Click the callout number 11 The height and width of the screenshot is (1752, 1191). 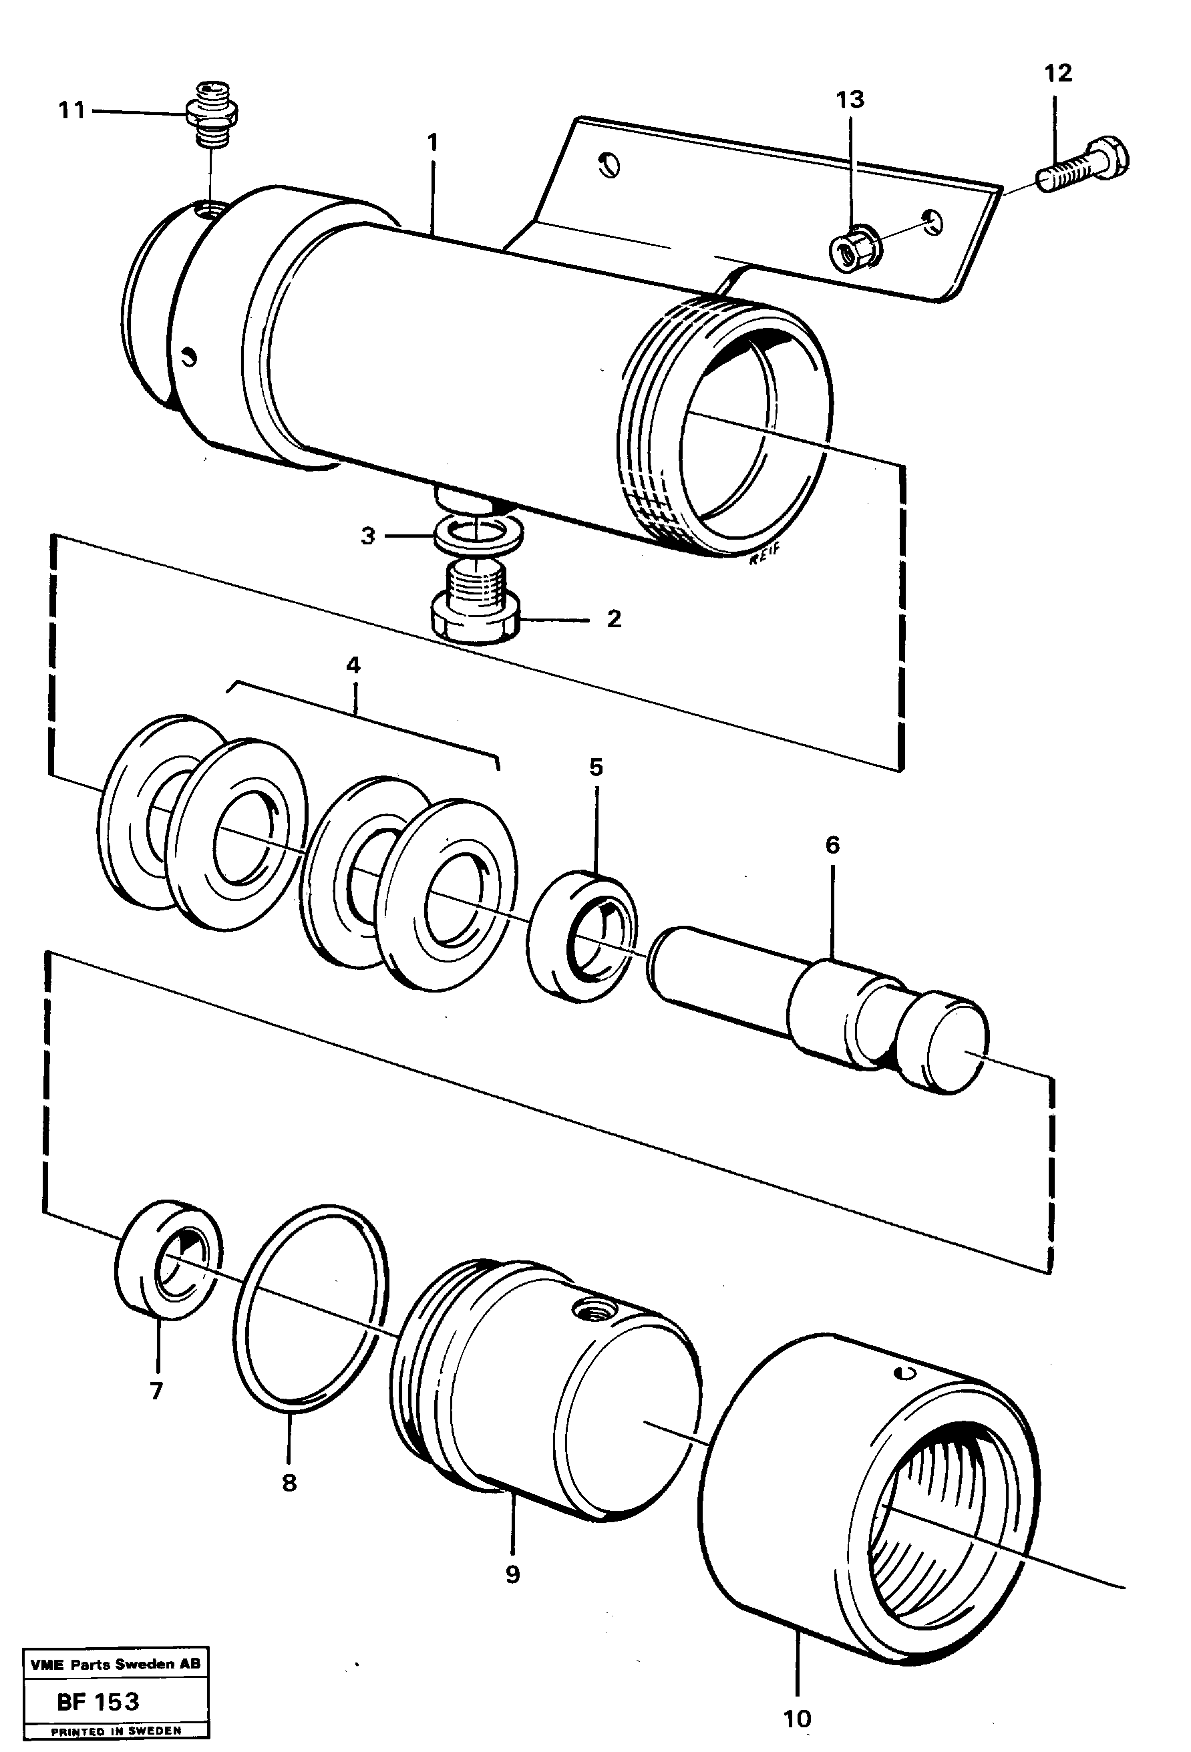coord(72,111)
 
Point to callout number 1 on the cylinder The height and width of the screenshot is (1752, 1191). coord(432,142)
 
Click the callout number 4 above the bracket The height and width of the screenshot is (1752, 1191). coord(353,665)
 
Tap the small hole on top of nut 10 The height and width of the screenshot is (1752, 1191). coord(908,1372)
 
